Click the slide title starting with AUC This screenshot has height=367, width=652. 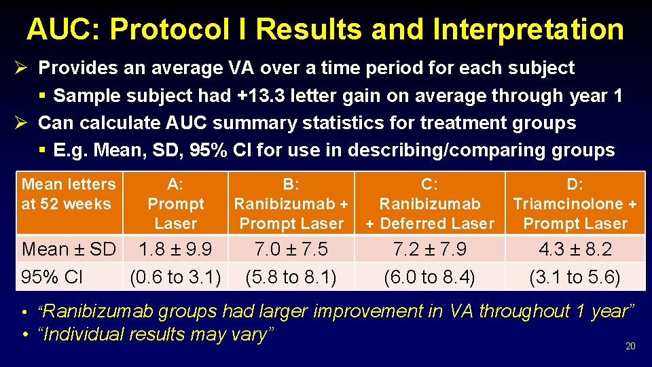click(325, 29)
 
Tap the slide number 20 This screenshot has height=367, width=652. click(630, 347)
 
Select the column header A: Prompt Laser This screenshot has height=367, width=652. click(175, 203)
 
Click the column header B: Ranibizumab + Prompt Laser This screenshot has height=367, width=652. click(291, 203)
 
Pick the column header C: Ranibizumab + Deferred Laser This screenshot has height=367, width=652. click(430, 203)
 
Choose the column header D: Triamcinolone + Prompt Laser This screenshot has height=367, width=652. click(575, 203)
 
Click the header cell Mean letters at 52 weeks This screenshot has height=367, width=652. click(69, 194)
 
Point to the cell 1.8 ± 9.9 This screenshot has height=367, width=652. click(175, 249)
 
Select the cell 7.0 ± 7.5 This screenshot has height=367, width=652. click(291, 249)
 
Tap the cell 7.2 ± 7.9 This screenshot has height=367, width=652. click(430, 249)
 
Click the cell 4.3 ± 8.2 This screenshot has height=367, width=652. click(575, 249)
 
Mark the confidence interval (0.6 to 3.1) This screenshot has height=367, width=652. click(175, 277)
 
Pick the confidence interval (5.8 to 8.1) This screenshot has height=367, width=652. click(291, 277)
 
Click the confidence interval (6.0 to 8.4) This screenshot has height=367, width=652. click(430, 277)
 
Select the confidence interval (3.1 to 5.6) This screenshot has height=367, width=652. click(575, 277)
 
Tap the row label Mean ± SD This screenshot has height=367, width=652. click(69, 249)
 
